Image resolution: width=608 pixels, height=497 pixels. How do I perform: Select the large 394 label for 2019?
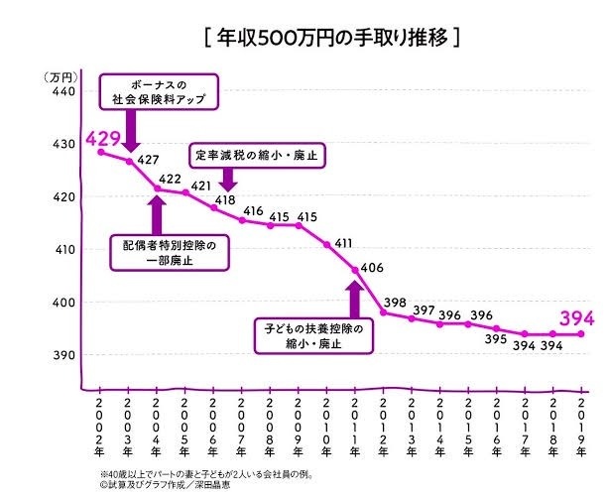[x=576, y=318]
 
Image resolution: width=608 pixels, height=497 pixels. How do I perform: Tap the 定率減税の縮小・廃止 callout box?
[x=258, y=156]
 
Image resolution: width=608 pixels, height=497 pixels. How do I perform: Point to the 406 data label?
[x=372, y=268]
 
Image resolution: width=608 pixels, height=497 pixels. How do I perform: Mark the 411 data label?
[x=343, y=244]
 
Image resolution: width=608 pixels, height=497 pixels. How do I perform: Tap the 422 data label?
[x=172, y=179]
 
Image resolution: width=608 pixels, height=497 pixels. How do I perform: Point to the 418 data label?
[x=225, y=200]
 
